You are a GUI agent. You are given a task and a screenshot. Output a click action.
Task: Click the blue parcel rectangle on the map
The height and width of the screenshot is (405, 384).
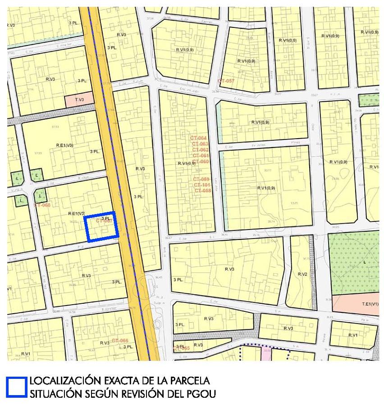(x=102, y=227)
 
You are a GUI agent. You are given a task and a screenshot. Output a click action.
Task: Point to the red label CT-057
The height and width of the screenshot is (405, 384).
(x=226, y=81)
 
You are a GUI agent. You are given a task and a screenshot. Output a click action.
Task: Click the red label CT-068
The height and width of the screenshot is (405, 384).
(x=42, y=205)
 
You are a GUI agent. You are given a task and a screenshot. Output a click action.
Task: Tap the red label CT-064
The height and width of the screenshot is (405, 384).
(x=199, y=138)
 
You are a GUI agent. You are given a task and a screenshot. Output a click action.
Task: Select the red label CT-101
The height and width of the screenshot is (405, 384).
(x=202, y=185)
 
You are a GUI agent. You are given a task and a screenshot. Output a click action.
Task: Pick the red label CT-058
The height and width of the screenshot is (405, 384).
(x=203, y=191)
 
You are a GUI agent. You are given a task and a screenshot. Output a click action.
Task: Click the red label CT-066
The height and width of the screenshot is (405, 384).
(x=120, y=341)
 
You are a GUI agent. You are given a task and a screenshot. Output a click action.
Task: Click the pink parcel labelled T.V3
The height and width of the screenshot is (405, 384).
(x=79, y=99)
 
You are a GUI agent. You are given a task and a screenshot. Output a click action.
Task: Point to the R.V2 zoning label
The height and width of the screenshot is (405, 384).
(x=302, y=274)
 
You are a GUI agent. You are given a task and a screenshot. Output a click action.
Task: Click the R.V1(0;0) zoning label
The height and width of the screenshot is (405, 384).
(x=288, y=40)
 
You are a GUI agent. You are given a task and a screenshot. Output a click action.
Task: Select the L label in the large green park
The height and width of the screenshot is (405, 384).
(x=364, y=261)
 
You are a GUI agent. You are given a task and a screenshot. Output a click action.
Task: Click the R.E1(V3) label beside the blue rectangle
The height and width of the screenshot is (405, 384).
(x=76, y=213)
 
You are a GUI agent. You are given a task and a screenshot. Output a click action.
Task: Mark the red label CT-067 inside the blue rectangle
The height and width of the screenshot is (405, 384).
(x=104, y=221)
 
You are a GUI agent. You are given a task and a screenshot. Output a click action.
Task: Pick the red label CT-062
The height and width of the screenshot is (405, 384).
(x=201, y=150)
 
